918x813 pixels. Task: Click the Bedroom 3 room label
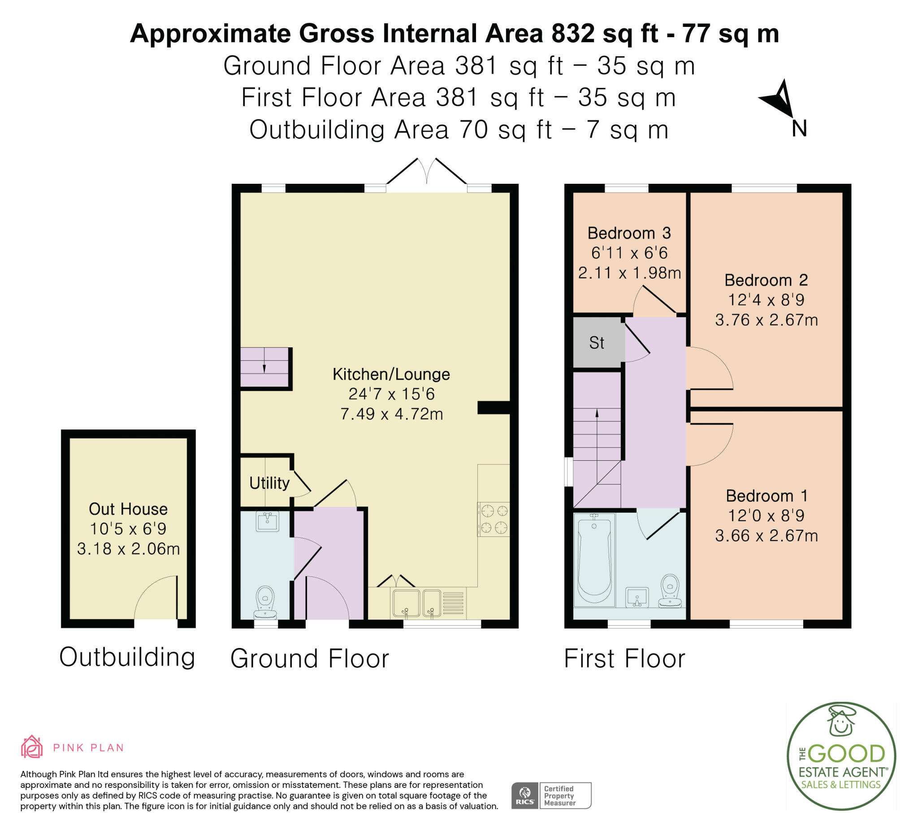point(629,233)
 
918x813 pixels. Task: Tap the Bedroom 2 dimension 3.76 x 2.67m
point(766,320)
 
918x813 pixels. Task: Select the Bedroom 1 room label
point(766,496)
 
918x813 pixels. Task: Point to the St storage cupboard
point(598,342)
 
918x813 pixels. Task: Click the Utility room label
point(269,483)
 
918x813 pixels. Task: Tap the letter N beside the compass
point(799,129)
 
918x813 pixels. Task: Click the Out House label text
point(128,509)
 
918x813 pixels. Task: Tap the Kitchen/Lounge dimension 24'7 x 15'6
point(392,394)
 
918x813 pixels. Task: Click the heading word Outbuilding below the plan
point(127,657)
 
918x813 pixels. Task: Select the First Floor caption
point(625,658)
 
